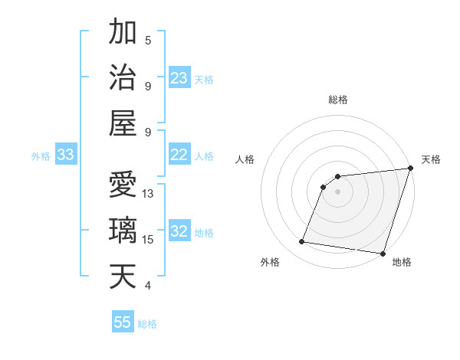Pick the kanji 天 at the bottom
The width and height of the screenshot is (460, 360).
(x=124, y=276)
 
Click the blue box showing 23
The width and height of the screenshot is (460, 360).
(x=179, y=78)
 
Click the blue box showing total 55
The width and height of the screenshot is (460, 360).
(x=123, y=322)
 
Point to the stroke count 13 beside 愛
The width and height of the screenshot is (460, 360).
(x=148, y=194)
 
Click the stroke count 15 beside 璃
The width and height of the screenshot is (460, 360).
(x=148, y=240)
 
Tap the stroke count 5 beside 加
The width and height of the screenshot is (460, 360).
(x=148, y=40)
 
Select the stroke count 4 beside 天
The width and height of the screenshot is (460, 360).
(x=148, y=286)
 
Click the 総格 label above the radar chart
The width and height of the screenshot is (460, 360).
(x=337, y=100)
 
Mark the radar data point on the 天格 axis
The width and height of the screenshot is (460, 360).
(x=410, y=169)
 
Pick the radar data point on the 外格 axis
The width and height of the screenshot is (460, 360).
(x=302, y=242)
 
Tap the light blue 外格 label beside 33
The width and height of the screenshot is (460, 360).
(x=41, y=156)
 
